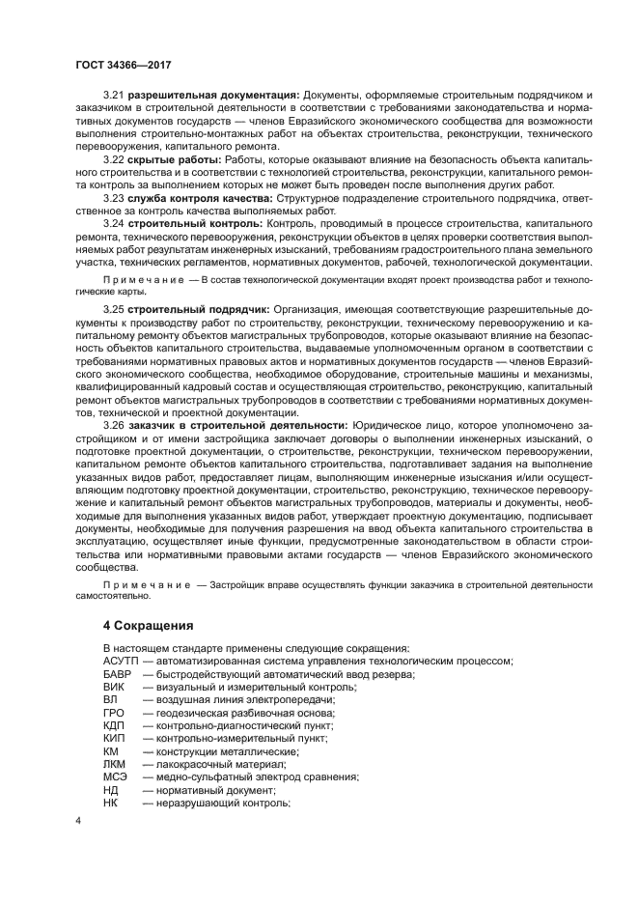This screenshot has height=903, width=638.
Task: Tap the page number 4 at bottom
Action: [x=78, y=821]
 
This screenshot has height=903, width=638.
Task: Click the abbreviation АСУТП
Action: [x=121, y=661]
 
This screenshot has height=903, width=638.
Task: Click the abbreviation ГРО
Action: [x=114, y=713]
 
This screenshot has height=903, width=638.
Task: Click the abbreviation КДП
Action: [x=115, y=725]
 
